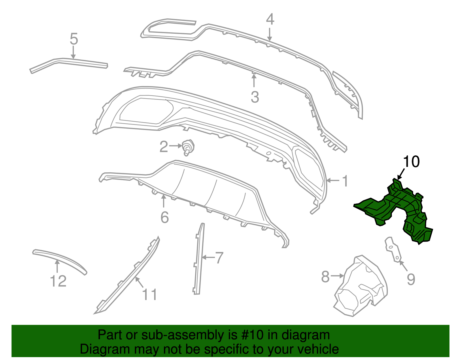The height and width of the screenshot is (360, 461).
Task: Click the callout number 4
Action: pyautogui.click(x=270, y=19)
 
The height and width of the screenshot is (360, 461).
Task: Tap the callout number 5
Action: pyautogui.click(x=74, y=39)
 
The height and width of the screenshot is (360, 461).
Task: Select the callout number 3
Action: pyautogui.click(x=255, y=97)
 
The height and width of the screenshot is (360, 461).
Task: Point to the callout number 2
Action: pyautogui.click(x=164, y=146)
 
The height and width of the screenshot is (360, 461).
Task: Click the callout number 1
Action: pyautogui.click(x=345, y=181)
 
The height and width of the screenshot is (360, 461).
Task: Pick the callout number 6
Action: pyautogui.click(x=165, y=217)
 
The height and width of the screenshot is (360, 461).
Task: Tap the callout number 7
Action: pyautogui.click(x=219, y=258)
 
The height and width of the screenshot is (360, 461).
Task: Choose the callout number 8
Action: pyautogui.click(x=325, y=276)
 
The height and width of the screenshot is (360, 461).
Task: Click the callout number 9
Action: pyautogui.click(x=411, y=279)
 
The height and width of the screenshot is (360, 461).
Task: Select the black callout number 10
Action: pyautogui.click(x=411, y=161)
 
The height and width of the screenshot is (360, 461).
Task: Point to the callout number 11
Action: pyautogui.click(x=150, y=295)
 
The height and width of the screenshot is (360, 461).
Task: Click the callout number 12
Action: pyautogui.click(x=58, y=281)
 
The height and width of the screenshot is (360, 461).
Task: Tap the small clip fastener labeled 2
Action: pyautogui.click(x=188, y=147)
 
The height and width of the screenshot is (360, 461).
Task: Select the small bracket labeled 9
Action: pyautogui.click(x=393, y=250)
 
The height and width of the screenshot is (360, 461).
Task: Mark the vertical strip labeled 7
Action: pyautogui.click(x=199, y=259)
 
